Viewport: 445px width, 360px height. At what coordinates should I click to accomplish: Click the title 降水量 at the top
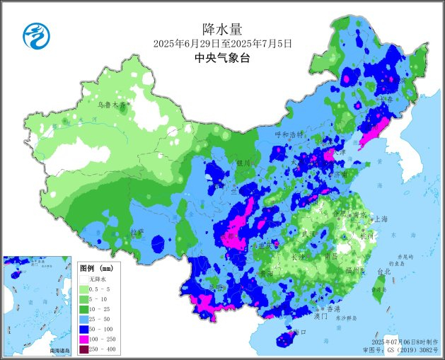pos(222,29)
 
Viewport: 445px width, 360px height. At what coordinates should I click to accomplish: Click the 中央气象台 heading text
pos(222,59)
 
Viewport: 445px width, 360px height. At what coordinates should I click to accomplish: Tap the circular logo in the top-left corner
pos(33,35)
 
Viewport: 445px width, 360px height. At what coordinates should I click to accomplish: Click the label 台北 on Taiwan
pos(383,272)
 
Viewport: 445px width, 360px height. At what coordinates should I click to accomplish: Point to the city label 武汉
pos(309,233)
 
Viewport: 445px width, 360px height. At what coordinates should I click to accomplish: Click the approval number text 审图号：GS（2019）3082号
pos(400,349)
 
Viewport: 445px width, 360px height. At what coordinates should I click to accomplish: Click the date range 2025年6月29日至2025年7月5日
pos(222,44)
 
